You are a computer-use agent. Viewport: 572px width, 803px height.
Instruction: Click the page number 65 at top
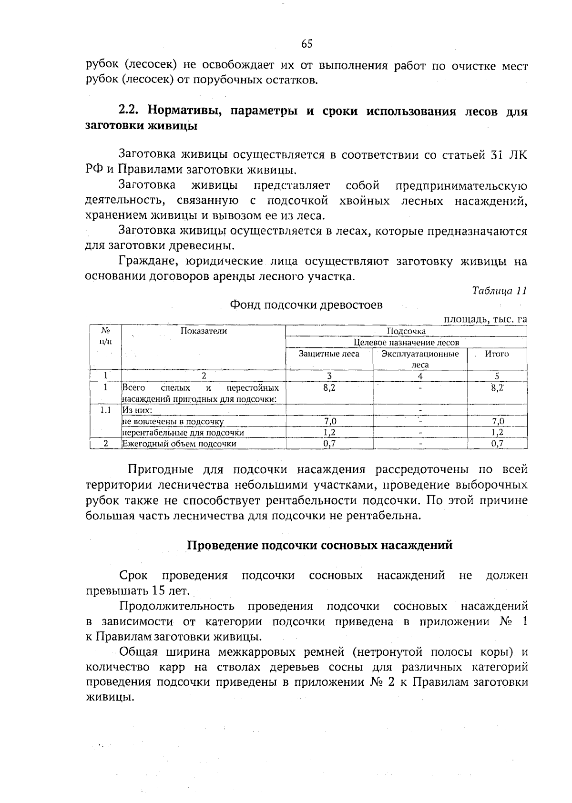(306, 44)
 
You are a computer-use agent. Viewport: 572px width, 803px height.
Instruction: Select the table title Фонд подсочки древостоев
(306, 305)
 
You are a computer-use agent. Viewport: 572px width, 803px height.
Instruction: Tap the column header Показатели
(204, 331)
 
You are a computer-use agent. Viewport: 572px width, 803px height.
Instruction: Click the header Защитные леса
(329, 354)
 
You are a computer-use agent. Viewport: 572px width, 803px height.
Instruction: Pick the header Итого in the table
(497, 354)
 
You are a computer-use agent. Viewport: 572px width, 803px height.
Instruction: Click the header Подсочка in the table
(406, 331)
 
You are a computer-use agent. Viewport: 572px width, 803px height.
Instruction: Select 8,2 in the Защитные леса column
(329, 388)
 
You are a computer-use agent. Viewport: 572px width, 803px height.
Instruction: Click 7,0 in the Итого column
(497, 421)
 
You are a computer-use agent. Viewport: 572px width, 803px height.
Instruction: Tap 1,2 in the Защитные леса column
(329, 433)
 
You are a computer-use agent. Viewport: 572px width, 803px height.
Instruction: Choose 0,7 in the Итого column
(497, 444)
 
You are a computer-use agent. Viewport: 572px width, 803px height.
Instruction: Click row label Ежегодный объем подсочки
(179, 444)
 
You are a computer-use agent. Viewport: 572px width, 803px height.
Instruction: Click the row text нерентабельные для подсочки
(183, 433)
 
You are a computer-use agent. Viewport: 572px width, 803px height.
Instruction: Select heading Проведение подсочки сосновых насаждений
(319, 545)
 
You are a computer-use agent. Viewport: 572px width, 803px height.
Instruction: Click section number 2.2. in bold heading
(129, 112)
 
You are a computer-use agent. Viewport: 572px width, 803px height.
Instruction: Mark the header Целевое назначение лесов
(406, 343)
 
